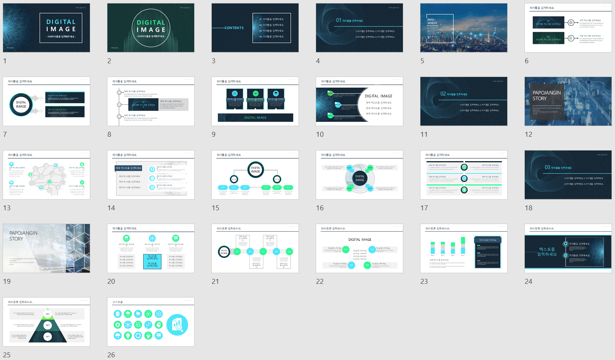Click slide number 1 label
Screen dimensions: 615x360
(5, 61)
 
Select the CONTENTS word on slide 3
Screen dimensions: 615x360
(234, 28)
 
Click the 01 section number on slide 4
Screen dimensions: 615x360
(339, 20)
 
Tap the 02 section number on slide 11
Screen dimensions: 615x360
(443, 94)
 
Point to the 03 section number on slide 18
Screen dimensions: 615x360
(547, 167)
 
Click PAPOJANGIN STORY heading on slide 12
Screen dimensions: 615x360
(546, 96)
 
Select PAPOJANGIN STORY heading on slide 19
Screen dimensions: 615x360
(23, 236)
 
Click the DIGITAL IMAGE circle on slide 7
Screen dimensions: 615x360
(21, 104)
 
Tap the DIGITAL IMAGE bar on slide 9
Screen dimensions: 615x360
(255, 118)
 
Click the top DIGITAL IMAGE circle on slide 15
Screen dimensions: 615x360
(256, 170)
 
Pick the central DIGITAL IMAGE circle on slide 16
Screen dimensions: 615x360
(360, 178)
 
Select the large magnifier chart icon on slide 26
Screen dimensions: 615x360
(177, 325)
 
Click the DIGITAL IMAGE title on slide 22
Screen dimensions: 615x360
(360, 240)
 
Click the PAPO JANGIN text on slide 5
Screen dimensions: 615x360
(432, 21)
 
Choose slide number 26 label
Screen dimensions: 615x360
(111, 355)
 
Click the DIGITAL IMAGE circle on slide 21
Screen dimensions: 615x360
(224, 251)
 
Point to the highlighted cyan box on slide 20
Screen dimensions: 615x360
(152, 261)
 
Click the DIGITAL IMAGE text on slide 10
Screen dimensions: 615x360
(378, 96)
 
